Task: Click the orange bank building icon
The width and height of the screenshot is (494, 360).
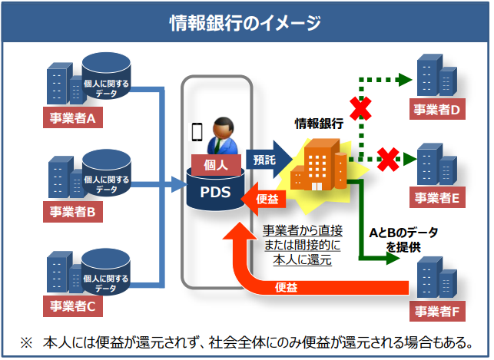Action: (x=320, y=164)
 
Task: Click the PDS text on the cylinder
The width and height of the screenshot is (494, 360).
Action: (x=216, y=192)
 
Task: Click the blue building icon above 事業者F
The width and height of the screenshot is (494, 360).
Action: (x=439, y=278)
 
